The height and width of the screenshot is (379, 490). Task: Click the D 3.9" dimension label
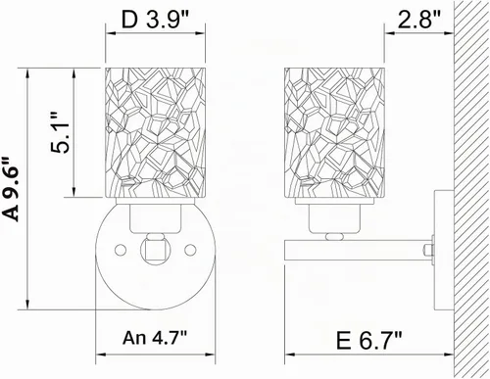[155, 21]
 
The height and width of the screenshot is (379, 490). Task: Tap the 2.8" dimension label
[419, 20]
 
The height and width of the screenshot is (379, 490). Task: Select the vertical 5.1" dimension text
[61, 132]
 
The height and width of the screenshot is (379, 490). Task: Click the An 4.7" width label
[155, 338]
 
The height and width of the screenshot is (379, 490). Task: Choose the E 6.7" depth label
[368, 340]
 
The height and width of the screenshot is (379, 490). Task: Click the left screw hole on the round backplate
[121, 250]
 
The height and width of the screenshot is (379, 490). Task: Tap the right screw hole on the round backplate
[190, 250]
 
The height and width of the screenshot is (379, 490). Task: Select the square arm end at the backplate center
[156, 250]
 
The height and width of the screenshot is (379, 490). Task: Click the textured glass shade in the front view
[156, 132]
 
